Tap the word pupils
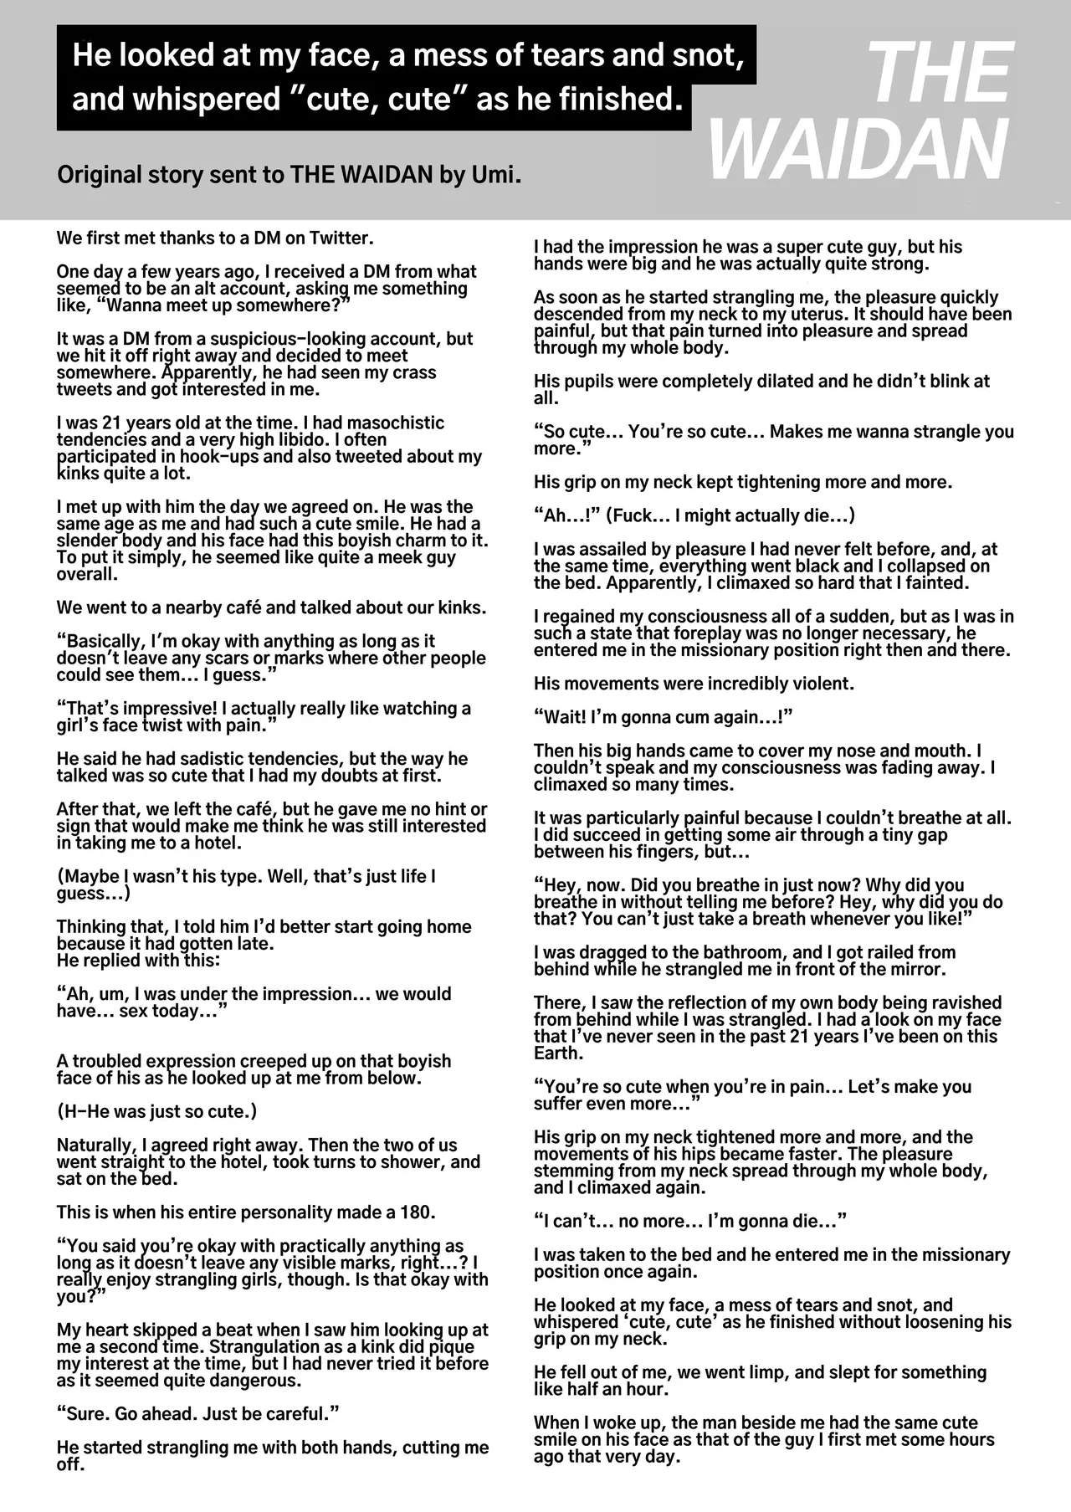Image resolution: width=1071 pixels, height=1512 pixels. pyautogui.click(x=591, y=382)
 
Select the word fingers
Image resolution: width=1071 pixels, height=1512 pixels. pyautogui.click(x=715, y=852)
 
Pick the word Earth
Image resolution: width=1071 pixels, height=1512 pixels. pyautogui.click(x=557, y=1053)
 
